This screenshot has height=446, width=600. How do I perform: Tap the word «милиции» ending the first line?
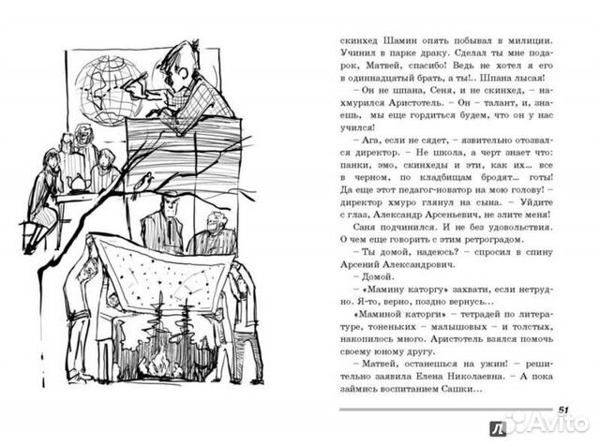click(x=549, y=42)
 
